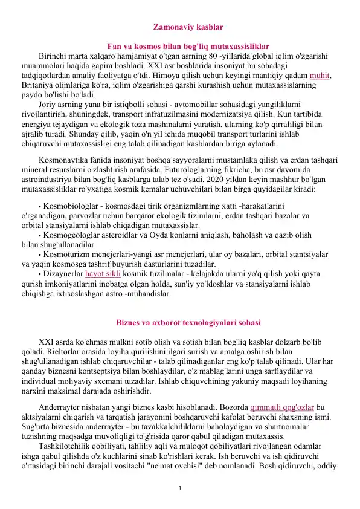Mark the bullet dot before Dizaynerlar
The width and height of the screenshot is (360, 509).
40,274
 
